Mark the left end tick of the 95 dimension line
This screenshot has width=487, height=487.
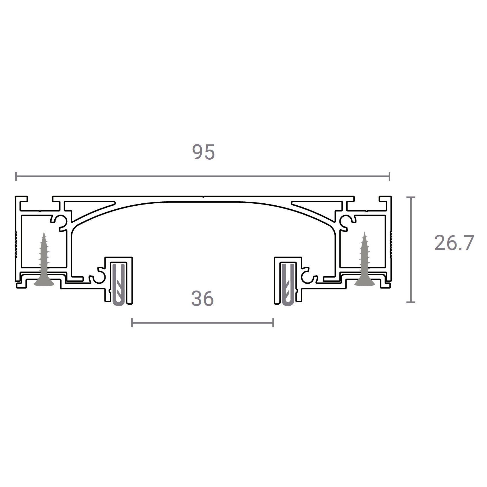coord(16,176)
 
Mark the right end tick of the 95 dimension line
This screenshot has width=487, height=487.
coord(389,176)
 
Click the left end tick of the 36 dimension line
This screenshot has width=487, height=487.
coord(132,322)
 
